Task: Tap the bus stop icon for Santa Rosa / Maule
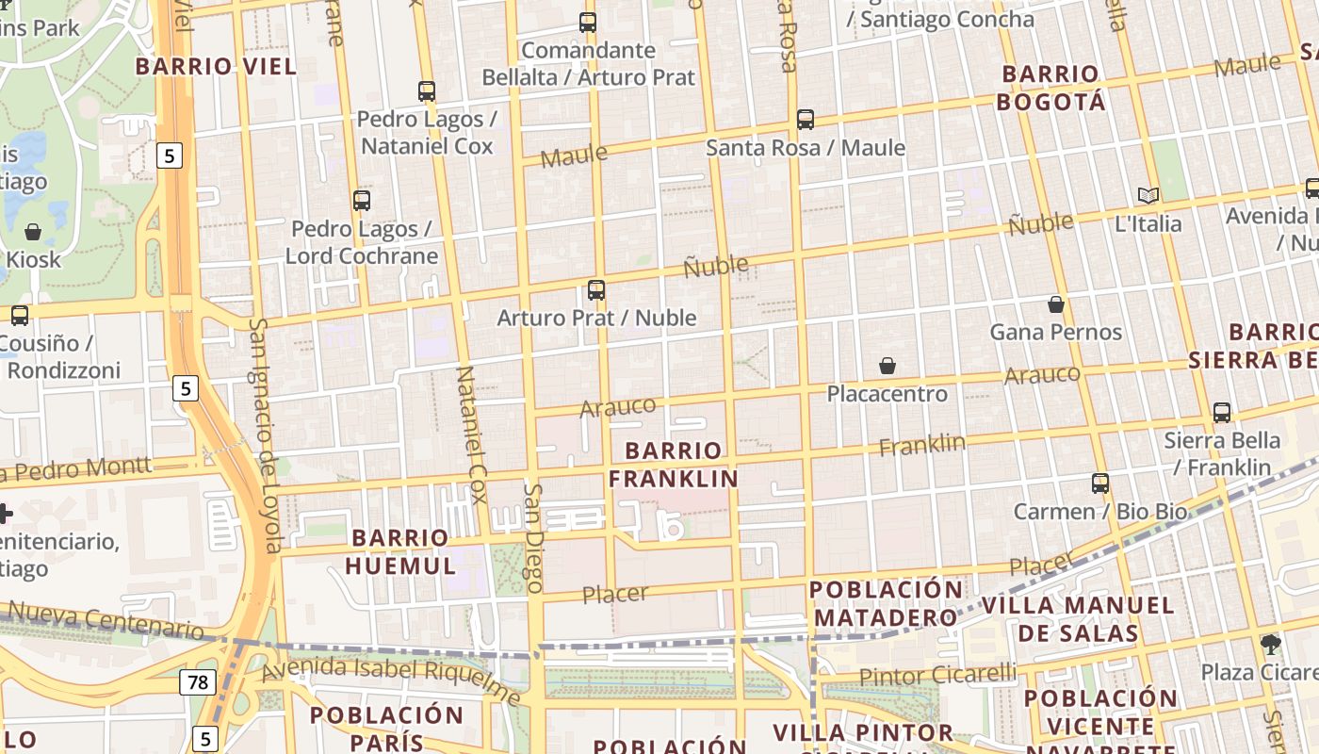806,120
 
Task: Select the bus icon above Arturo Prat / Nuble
596,290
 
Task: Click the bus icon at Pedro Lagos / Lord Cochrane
362,200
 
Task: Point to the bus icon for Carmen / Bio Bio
1100,484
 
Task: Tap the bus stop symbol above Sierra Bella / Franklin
1222,412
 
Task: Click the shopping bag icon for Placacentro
887,366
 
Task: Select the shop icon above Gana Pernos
1056,304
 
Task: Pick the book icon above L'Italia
1148,195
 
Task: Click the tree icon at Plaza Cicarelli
1271,645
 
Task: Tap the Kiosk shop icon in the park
33,232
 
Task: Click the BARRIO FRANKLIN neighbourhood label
673,465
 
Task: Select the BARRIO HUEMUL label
400,551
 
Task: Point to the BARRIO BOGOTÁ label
1050,88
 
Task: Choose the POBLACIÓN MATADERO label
886,604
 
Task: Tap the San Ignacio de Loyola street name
266,434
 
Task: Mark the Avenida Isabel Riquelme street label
391,681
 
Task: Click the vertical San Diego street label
534,537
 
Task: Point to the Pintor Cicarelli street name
937,675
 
